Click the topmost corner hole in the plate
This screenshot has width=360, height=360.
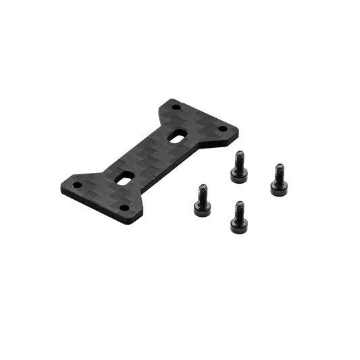coord(175,107)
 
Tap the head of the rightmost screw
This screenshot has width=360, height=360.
coord(277,168)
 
